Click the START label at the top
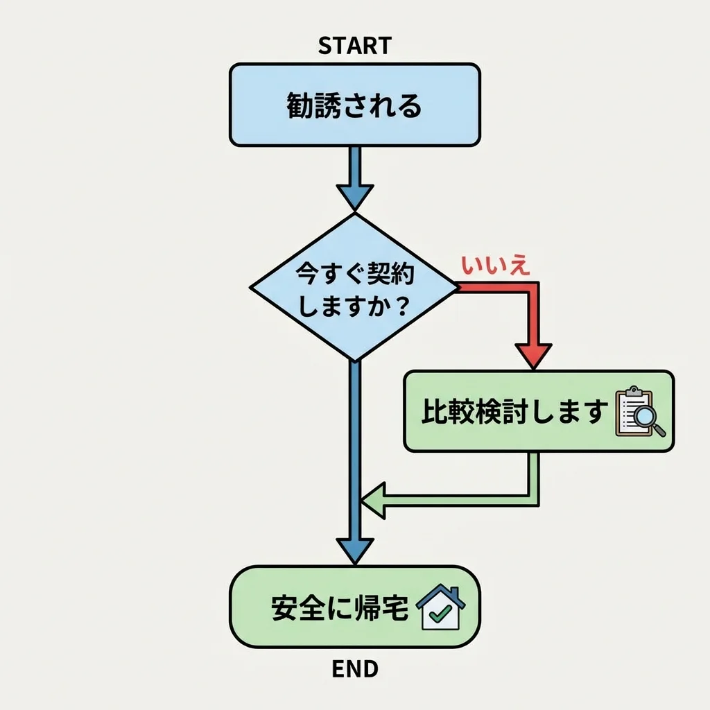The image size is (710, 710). (354, 46)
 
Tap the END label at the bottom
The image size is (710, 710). (355, 669)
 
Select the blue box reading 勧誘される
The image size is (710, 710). (354, 105)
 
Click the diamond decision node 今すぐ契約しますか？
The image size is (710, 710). (354, 287)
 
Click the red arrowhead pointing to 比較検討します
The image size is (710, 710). (533, 356)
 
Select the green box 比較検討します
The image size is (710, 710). (538, 412)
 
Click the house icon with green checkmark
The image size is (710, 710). (441, 608)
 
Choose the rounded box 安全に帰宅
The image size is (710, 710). (354, 607)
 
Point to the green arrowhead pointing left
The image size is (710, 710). (373, 500)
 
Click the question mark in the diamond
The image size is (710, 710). (398, 306)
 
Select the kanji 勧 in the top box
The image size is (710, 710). (300, 106)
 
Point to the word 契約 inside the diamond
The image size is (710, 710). (392, 273)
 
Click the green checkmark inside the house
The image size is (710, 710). (440, 614)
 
